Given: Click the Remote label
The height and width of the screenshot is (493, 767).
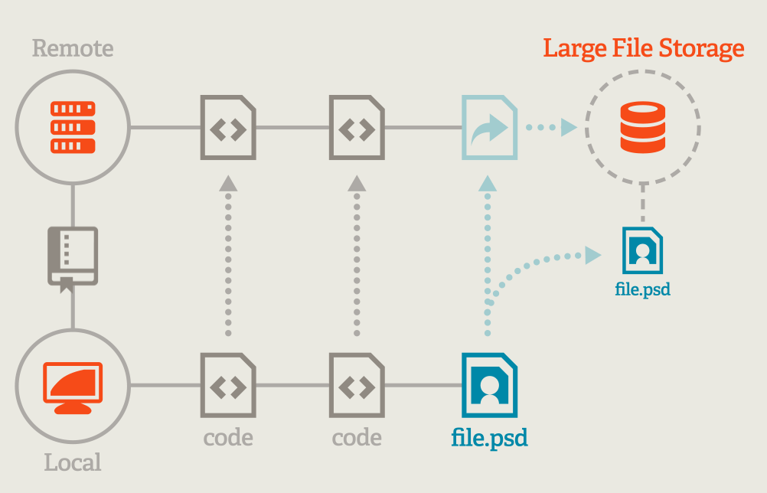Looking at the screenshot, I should [73, 49].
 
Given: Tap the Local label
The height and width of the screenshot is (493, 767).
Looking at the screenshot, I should [73, 462].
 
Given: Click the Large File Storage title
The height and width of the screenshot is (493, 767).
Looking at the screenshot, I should [643, 48].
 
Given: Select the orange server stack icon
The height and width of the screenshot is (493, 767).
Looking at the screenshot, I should [73, 127].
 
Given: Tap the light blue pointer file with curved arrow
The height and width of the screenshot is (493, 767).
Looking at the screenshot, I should [489, 127].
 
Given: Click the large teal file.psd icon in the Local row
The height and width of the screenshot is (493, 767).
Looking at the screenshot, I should [489, 384].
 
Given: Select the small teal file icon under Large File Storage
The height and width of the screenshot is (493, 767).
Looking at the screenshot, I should [642, 250].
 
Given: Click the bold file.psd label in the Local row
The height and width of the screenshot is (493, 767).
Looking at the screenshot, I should [489, 438].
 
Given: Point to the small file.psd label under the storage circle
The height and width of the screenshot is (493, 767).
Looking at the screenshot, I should [642, 290].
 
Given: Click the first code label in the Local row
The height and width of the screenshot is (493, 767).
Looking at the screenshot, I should [227, 438].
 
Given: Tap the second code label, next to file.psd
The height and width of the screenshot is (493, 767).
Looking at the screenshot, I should [357, 438].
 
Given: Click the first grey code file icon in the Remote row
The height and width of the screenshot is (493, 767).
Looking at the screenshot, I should [227, 127].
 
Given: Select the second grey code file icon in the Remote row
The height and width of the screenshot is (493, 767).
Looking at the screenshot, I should [357, 127].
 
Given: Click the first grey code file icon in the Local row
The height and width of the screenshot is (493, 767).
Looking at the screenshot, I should [227, 384].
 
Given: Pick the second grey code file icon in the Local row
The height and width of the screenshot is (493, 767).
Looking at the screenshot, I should [357, 384].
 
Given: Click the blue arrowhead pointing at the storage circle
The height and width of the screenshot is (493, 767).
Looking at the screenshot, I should [568, 127].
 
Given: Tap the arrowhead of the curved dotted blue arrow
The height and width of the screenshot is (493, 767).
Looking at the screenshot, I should [592, 256].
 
